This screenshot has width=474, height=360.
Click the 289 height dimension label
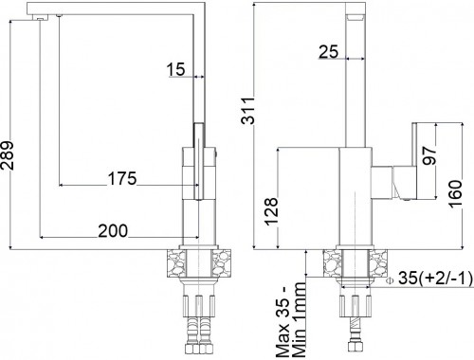click(x=7, y=155)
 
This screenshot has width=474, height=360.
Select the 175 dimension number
click(x=122, y=178)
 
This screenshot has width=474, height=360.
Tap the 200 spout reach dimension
click(x=113, y=230)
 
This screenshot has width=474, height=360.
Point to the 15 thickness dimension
click(x=175, y=69)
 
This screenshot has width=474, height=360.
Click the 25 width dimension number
click(x=328, y=52)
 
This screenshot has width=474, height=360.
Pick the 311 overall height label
click(x=247, y=111)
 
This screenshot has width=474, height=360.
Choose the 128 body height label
click(x=271, y=211)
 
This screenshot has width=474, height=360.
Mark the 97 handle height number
click(x=429, y=155)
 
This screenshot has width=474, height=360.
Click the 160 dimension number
click(x=455, y=194)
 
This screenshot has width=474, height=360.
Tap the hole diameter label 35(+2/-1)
click(x=436, y=279)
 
